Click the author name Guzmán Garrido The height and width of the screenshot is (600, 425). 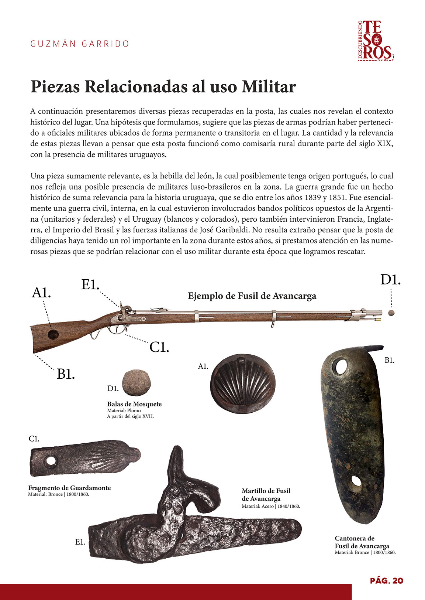pyautogui.click(x=80, y=44)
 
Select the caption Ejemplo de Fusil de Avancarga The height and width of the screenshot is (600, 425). pyautogui.click(x=252, y=296)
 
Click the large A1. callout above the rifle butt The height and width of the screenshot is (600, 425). pyautogui.click(x=41, y=293)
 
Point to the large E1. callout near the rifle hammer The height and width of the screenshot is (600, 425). pyautogui.click(x=90, y=284)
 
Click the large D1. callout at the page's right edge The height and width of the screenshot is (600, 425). pyautogui.click(x=390, y=280)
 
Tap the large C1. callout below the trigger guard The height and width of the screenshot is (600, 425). pyautogui.click(x=159, y=347)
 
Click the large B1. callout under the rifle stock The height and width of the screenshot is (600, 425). pyautogui.click(x=66, y=374)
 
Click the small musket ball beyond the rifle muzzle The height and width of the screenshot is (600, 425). pyautogui.click(x=391, y=313)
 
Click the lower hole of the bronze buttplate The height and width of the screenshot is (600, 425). pyautogui.click(x=356, y=481)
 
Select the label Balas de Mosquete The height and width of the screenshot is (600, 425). pyautogui.click(x=134, y=404)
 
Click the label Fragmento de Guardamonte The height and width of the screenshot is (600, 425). pyautogui.click(x=69, y=488)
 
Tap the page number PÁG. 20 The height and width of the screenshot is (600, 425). pyautogui.click(x=387, y=580)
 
